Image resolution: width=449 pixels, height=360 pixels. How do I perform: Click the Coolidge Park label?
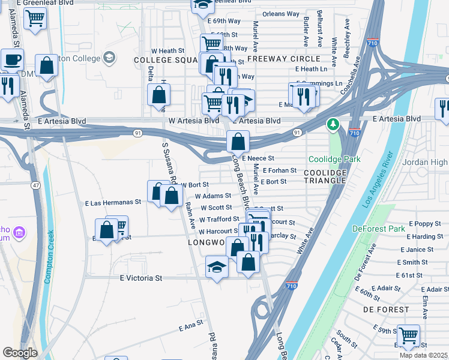[334, 159]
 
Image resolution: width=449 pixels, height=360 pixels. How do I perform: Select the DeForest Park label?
[376, 228]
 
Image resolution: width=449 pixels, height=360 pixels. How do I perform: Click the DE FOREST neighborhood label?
[386, 310]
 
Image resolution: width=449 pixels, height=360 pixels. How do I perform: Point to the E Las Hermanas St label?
[113, 203]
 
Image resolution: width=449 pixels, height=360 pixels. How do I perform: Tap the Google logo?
[20, 353]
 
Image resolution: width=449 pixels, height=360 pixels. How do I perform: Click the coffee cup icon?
[12, 60]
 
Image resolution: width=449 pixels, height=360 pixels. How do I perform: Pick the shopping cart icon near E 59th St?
[409, 335]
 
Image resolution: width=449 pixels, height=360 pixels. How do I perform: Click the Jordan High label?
[427, 163]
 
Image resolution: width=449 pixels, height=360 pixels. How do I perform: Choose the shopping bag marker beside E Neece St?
[238, 142]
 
